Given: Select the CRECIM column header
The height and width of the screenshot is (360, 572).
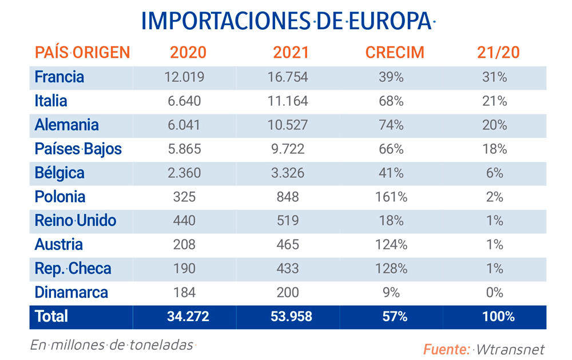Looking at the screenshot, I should click(395, 53).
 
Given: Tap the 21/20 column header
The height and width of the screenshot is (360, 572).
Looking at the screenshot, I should click(498, 53).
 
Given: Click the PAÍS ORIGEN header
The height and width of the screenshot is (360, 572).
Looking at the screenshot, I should click(82, 53).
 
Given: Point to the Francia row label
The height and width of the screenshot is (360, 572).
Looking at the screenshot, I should click(59, 77).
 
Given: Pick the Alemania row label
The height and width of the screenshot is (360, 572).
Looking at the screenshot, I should click(66, 125).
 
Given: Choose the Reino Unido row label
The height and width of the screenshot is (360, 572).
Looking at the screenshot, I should click(75, 220).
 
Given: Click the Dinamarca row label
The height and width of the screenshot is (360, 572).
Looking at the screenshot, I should click(71, 292).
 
